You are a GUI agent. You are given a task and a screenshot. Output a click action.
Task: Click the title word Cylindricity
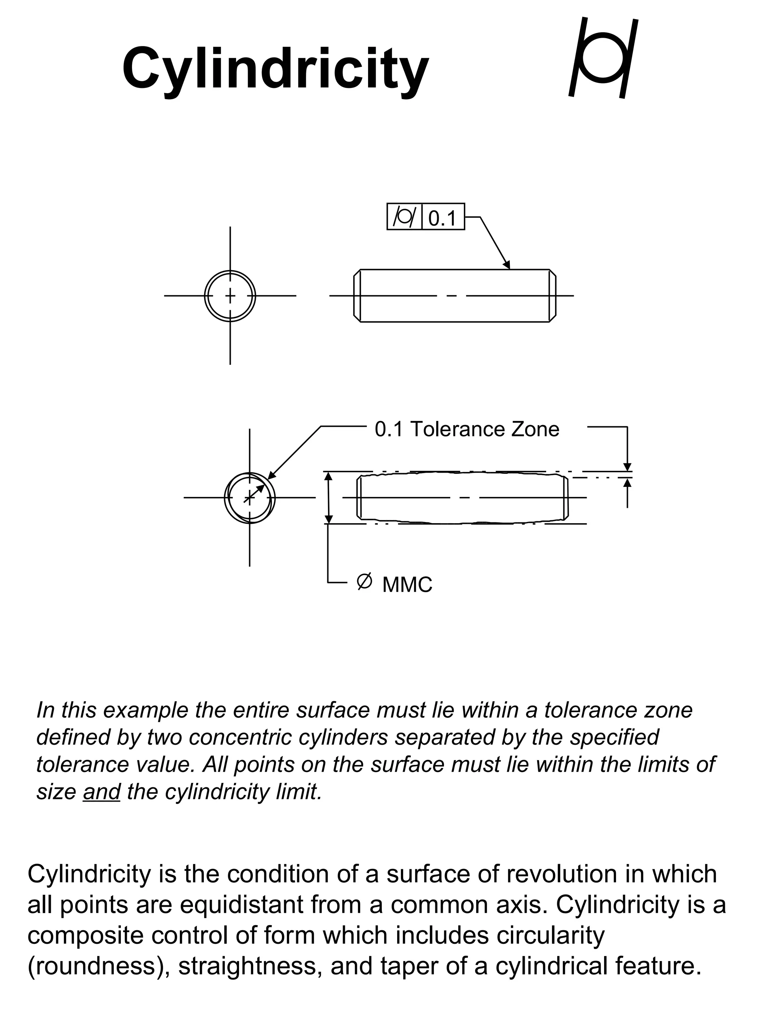[275, 69]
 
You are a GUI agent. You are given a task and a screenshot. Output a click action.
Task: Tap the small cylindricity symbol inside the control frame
[404, 217]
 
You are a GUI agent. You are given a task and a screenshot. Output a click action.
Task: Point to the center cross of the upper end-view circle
[230, 295]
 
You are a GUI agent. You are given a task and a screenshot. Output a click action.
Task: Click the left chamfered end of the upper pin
[357, 296]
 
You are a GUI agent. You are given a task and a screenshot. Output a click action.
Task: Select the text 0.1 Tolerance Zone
[466, 429]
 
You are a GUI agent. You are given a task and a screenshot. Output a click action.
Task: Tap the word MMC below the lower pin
[407, 585]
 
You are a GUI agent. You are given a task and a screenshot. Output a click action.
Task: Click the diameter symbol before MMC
[364, 581]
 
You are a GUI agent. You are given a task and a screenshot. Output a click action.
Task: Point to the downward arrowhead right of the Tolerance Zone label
[627, 467]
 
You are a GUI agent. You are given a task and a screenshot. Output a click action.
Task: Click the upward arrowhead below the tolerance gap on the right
[627, 483]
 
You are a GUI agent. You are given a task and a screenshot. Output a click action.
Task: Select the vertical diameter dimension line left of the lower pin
[328, 498]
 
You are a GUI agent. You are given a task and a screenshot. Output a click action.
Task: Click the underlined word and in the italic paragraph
[102, 792]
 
